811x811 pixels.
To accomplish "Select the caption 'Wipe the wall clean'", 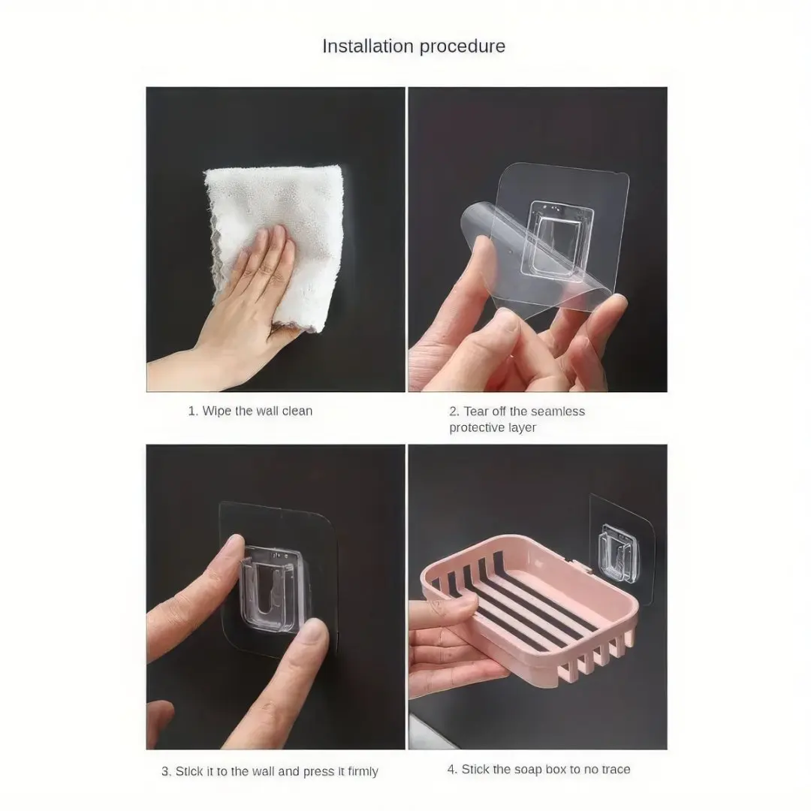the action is coord(257,412).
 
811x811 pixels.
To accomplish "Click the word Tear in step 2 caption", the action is coord(476,412).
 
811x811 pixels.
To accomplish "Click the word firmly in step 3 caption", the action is coord(363,772).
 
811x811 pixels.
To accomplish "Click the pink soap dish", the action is coord(528,611).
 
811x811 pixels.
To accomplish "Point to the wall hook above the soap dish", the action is coord(617,554).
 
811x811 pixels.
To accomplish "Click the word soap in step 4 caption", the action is coord(520,770).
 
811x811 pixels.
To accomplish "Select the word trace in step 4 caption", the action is coord(614,770).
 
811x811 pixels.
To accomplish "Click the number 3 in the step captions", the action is coord(165,772).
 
